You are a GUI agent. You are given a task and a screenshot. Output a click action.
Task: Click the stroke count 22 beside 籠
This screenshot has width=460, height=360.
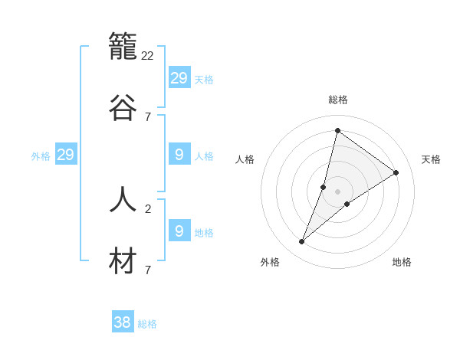(148, 56)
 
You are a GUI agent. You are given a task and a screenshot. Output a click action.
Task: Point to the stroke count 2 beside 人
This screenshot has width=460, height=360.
(147, 208)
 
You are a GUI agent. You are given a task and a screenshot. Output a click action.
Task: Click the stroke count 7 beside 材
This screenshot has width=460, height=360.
(147, 270)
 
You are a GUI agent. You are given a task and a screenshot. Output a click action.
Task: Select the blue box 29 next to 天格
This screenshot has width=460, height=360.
(179, 78)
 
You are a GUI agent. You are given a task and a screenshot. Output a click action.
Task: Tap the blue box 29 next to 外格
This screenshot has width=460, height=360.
(65, 155)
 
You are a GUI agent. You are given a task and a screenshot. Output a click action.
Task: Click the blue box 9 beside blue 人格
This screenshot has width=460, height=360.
(179, 155)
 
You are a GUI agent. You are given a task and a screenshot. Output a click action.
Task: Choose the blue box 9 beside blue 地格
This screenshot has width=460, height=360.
(179, 231)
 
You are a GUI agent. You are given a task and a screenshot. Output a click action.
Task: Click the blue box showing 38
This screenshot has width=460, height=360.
(122, 322)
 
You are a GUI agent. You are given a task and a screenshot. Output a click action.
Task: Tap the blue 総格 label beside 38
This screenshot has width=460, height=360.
(147, 324)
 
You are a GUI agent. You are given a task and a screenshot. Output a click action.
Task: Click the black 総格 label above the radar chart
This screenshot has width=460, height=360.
(338, 100)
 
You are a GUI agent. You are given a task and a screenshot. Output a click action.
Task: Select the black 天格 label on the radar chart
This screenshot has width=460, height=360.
(432, 159)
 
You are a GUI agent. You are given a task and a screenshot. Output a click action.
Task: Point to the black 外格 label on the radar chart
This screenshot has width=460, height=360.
(270, 262)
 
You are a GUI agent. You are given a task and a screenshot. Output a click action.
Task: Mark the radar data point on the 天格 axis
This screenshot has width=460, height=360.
(396, 173)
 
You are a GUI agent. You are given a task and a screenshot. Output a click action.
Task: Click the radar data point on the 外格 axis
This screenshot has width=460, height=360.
(302, 242)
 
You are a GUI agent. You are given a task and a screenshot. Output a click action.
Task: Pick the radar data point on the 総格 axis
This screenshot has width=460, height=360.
(337, 130)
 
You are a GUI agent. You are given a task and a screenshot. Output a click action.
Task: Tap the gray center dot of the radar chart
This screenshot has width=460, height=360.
(337, 191)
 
